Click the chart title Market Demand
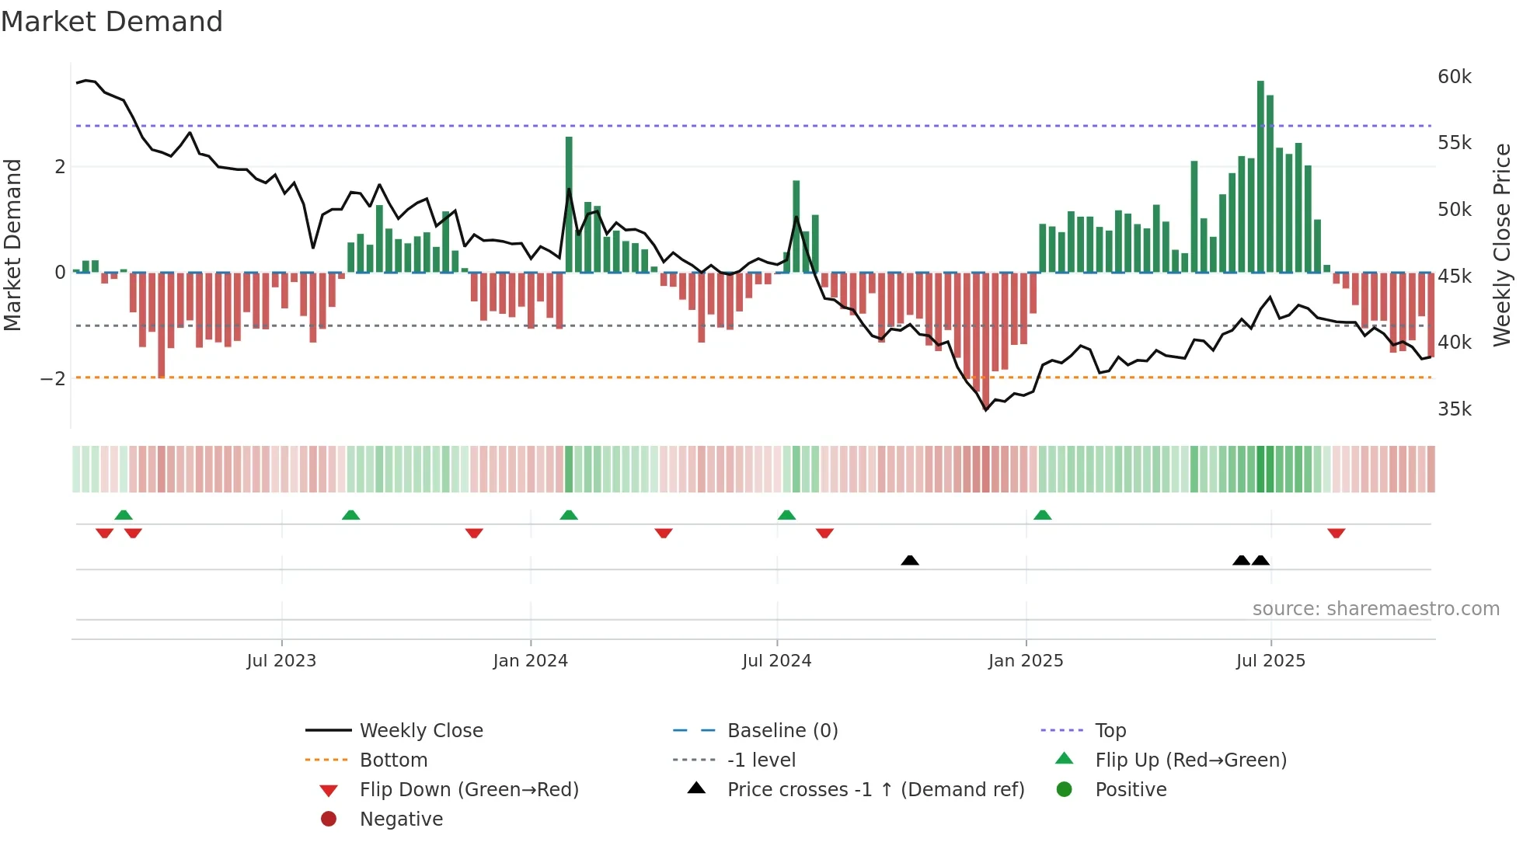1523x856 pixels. [112, 22]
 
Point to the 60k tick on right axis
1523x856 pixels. [1454, 77]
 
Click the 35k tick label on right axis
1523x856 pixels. [1454, 409]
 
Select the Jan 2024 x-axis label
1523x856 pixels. [530, 661]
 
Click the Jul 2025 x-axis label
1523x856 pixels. [1270, 661]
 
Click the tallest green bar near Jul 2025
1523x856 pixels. [1260, 176]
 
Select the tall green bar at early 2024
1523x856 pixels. [569, 204]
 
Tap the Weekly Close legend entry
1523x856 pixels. [420, 731]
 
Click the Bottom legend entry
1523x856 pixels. [393, 760]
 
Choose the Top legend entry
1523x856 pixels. [1110, 731]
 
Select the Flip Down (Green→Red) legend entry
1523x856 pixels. [469, 790]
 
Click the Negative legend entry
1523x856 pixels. [401, 819]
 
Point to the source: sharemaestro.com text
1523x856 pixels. [1375, 609]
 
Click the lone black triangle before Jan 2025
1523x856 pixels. [910, 560]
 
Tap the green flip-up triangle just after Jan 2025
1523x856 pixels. [1043, 515]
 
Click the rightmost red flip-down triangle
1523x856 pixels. [1336, 533]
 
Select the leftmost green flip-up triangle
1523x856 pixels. [124, 515]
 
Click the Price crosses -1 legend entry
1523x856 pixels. [875, 790]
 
